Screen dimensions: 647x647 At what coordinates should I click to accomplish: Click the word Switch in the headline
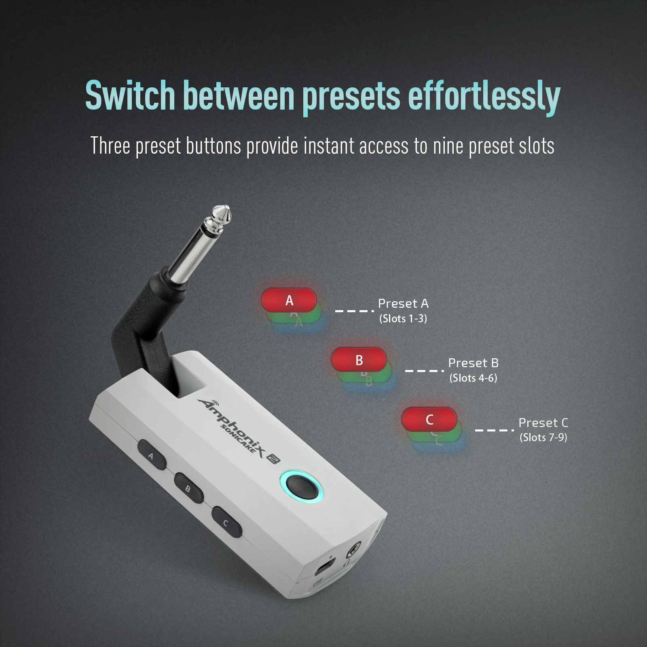130,95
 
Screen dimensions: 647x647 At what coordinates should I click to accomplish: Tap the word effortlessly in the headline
484,97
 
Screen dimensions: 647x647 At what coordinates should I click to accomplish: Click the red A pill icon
289,300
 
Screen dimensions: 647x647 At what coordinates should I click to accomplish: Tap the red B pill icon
359,359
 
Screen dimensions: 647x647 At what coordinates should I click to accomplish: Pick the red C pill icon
429,419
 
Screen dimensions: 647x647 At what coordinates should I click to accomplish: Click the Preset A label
403,303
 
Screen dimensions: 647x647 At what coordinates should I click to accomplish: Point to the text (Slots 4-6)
473,378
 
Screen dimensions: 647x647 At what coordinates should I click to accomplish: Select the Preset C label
543,423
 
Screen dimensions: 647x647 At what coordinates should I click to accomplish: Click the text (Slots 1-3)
403,319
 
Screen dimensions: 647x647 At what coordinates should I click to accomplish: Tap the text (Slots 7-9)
543,438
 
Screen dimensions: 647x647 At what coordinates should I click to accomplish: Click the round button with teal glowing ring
302,486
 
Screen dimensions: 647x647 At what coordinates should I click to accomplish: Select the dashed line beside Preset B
425,370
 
